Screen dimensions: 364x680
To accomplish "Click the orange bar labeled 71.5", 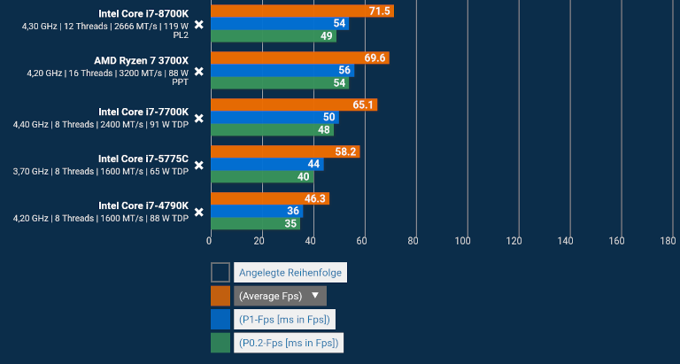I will click(x=301, y=11).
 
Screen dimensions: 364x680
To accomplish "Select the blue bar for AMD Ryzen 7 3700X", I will click(x=281, y=71).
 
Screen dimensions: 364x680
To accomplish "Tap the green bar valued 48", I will click(x=271, y=129).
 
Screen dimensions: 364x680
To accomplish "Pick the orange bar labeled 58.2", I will click(x=283, y=151).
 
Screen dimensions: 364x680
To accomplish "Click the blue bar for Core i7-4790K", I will click(x=255, y=211).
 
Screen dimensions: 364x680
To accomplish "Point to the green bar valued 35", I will click(x=254, y=223).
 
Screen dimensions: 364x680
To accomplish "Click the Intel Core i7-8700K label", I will click(x=143, y=13).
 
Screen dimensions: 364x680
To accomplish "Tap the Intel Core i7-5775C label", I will click(x=143, y=159).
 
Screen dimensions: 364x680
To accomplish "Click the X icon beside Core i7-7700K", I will click(x=199, y=118).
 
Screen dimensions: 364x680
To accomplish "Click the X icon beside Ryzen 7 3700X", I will click(x=199, y=72).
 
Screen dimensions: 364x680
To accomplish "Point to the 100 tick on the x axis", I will click(x=463, y=241).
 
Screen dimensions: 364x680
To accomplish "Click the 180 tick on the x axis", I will click(x=668, y=241).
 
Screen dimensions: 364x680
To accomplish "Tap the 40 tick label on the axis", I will click(x=311, y=241).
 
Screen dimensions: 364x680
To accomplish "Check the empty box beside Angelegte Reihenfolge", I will click(x=220, y=273).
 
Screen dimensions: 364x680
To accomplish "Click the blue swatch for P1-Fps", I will click(x=220, y=319).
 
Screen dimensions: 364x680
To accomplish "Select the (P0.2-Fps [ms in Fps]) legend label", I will click(x=288, y=343).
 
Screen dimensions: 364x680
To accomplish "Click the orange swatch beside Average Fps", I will click(x=220, y=296).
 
